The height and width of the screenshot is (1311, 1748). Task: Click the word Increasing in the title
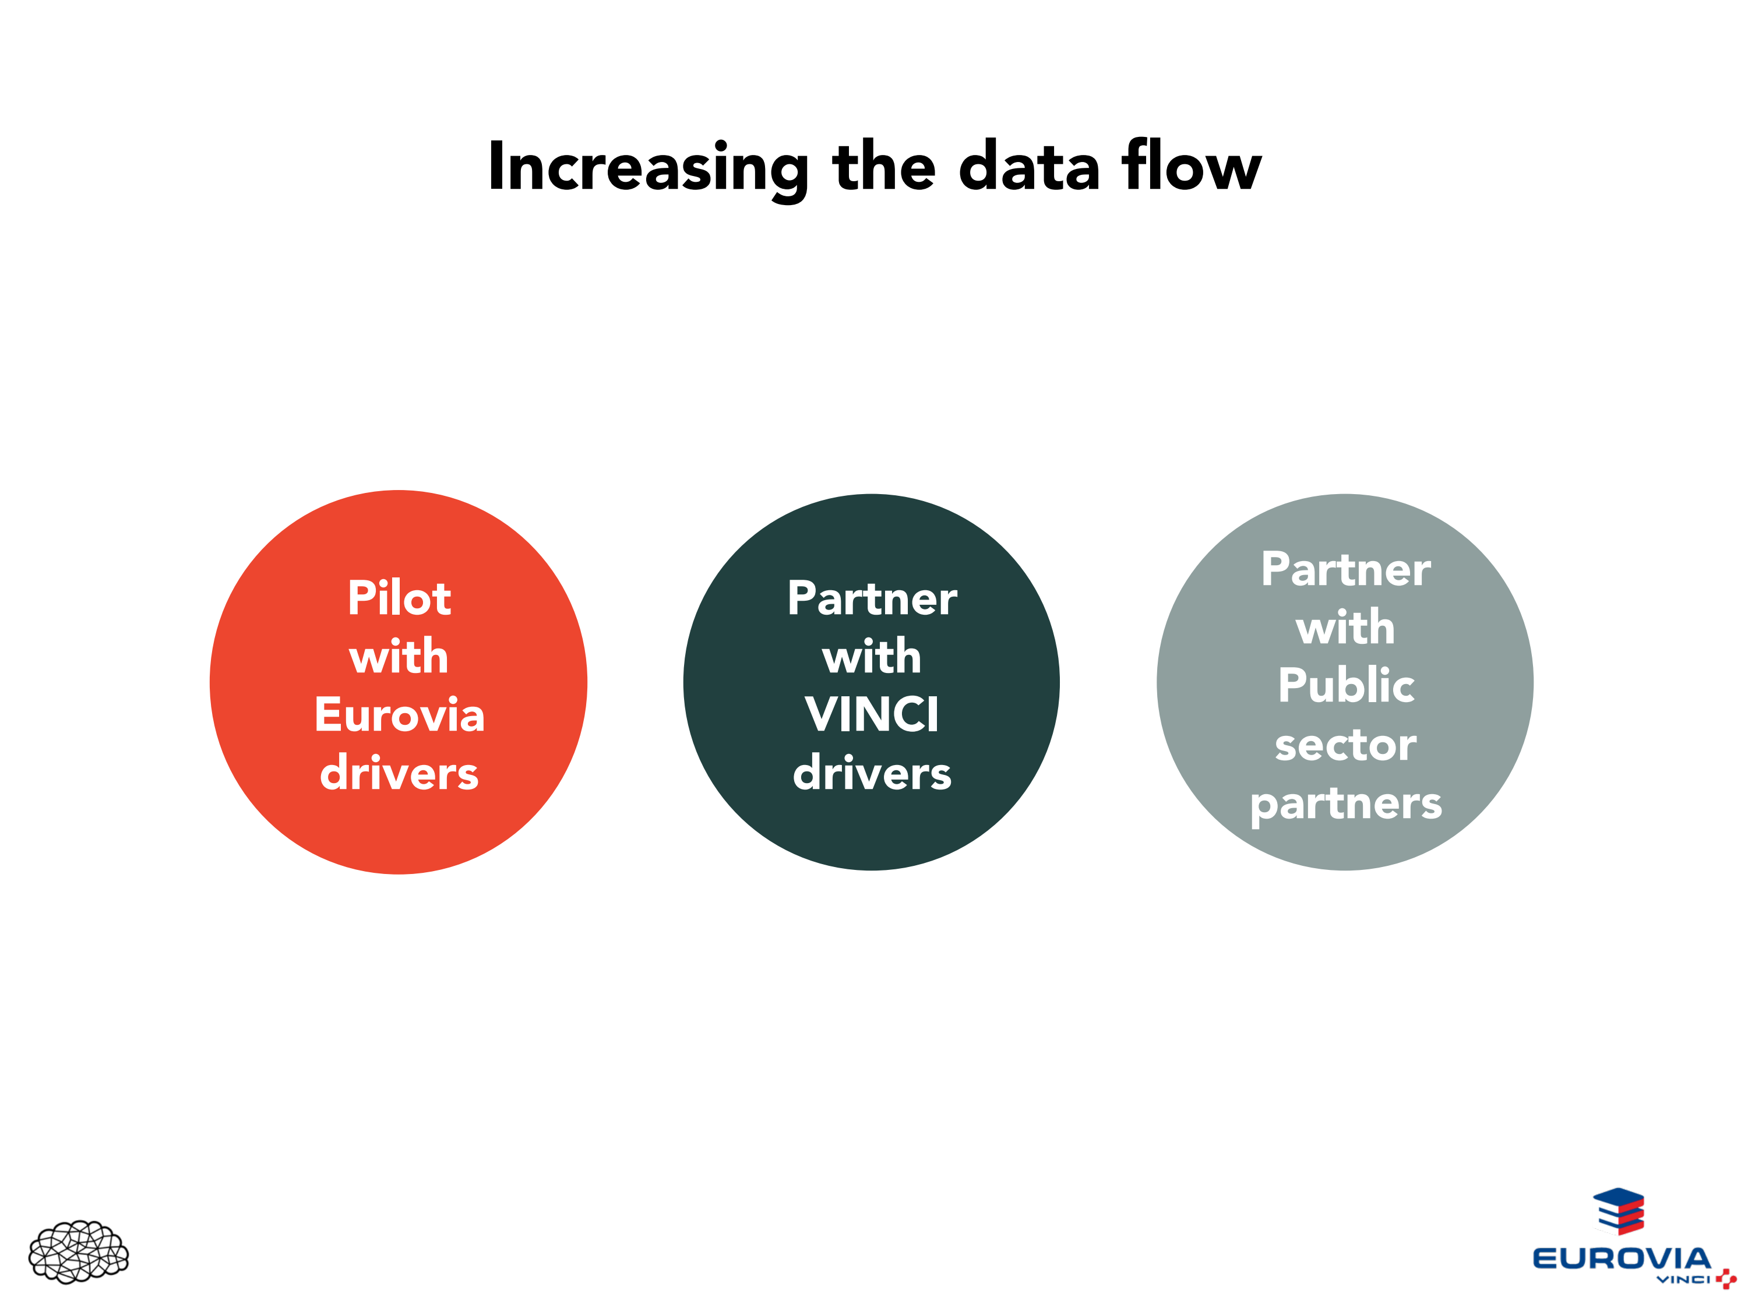click(648, 168)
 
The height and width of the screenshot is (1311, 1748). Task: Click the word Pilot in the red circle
click(399, 598)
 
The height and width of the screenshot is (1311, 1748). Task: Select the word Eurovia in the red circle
click(399, 715)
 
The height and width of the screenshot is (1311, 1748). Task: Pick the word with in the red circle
click(399, 657)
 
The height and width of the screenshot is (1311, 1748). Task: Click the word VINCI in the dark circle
click(872, 715)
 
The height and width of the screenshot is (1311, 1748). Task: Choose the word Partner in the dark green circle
click(872, 598)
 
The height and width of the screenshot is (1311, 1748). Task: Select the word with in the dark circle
click(872, 657)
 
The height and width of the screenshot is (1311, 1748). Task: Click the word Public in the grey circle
click(1346, 685)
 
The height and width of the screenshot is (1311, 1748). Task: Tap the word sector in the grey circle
click(1346, 745)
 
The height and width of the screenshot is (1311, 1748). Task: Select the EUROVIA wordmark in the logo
click(1621, 1257)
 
